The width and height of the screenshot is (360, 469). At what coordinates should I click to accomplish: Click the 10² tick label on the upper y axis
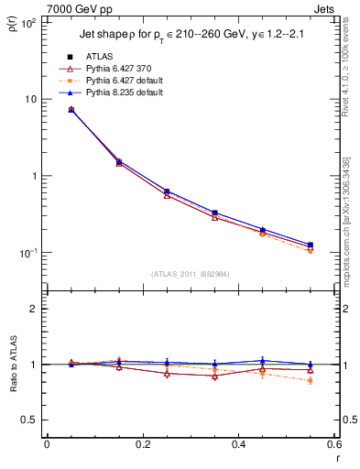[x=29, y=22]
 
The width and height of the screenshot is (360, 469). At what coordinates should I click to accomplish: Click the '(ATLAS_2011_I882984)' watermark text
[x=190, y=274]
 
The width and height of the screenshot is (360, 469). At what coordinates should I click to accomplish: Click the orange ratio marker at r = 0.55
[x=311, y=380]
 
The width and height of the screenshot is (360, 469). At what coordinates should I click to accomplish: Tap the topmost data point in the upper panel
[x=71, y=109]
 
